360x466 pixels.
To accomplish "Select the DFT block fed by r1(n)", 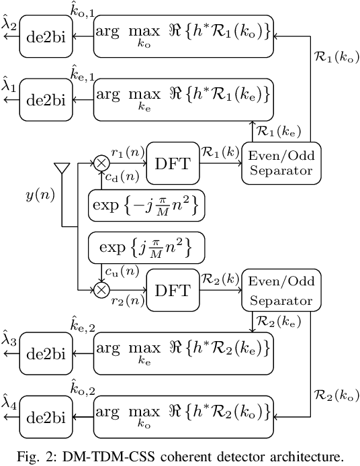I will point(171,163).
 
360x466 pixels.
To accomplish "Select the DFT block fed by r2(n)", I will point(171,289).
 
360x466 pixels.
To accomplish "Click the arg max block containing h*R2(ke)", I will point(184,353).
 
